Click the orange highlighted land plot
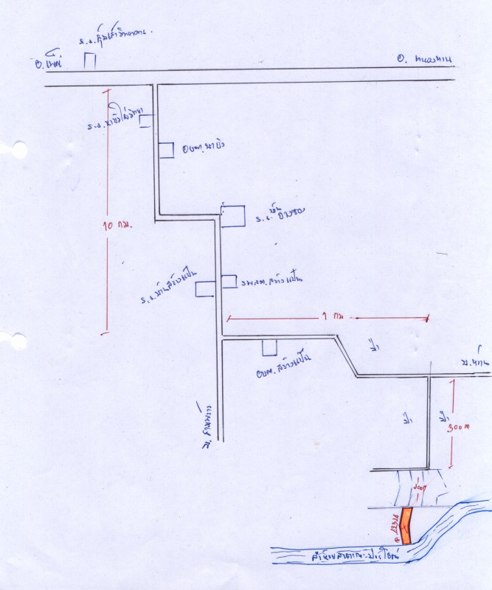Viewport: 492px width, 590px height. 406,525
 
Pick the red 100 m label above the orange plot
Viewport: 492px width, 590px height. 420,487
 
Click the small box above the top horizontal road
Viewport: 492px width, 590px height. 89,61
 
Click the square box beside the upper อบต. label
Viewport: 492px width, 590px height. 166,149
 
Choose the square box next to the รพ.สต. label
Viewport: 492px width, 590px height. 229,282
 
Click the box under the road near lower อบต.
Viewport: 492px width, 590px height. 270,347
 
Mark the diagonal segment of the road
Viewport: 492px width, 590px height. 347,357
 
